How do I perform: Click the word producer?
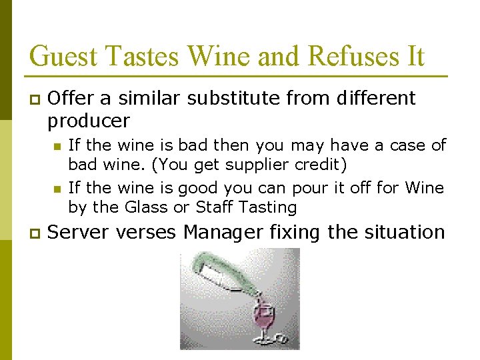coord(89,121)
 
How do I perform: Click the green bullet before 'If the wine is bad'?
coord(57,146)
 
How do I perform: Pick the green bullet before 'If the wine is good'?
coord(57,189)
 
